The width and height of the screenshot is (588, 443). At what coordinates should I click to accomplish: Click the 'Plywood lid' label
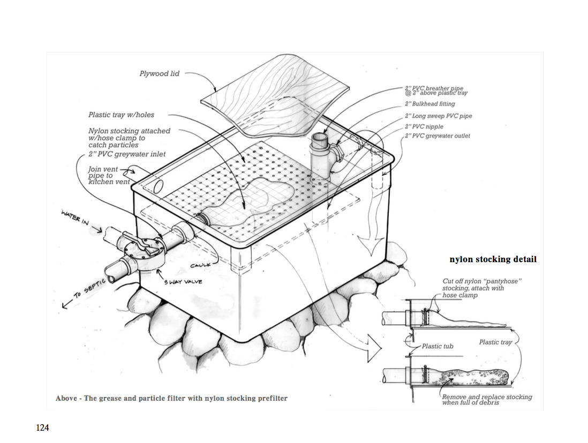pos(160,74)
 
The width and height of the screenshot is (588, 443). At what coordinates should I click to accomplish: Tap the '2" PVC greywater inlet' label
pos(127,154)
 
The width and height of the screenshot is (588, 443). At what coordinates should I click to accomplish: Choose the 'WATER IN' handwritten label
pos(74,219)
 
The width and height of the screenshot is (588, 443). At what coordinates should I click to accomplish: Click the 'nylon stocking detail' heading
pos(493,259)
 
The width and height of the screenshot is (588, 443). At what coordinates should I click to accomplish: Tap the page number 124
pos(42,427)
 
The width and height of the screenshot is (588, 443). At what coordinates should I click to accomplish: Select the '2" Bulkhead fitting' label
pos(430,104)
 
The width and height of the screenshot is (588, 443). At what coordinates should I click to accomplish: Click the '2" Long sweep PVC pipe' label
pos(439,116)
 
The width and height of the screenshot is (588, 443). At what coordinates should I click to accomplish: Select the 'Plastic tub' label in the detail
pos(438,346)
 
